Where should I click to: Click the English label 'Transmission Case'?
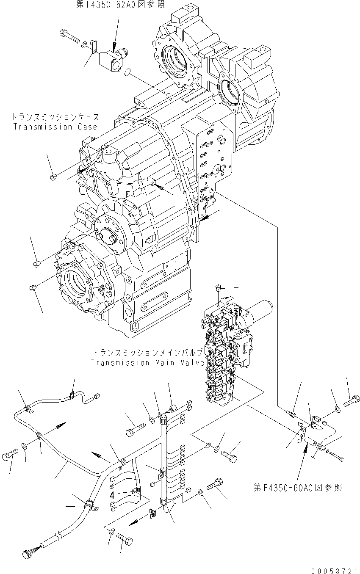[55, 127]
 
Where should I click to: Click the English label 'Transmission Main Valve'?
[148, 363]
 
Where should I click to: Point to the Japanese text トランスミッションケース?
[55, 117]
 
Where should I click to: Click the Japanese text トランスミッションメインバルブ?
[148, 353]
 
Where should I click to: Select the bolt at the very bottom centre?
[125, 541]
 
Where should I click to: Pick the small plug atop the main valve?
[218, 288]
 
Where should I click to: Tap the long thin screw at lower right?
[337, 457]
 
